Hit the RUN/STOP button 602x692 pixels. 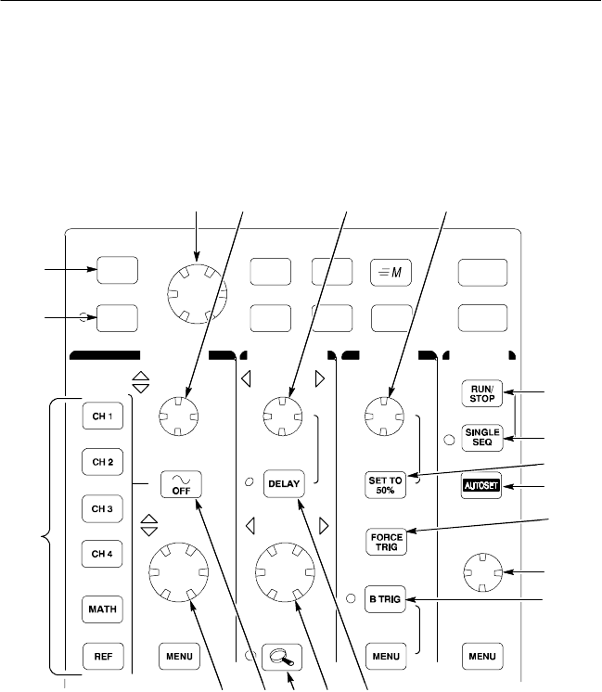click(482, 393)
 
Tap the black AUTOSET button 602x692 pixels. click(482, 485)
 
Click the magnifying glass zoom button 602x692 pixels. click(278, 656)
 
